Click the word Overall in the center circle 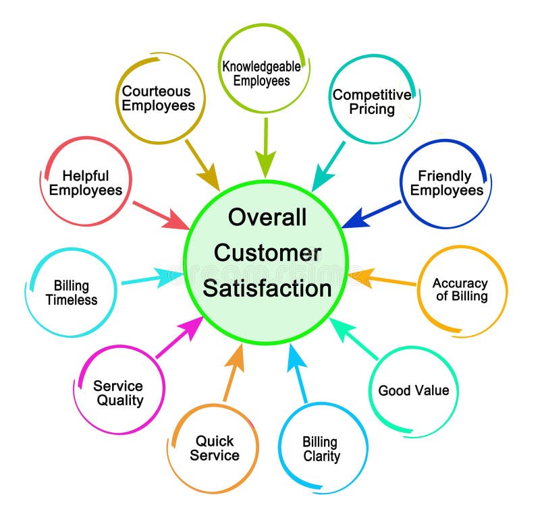click(267, 217)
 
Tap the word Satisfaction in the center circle click(267, 289)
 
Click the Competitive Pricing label click(372, 102)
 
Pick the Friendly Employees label click(446, 183)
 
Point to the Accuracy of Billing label click(460, 289)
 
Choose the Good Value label click(413, 390)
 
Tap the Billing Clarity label click(321, 449)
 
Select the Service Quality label click(118, 393)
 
